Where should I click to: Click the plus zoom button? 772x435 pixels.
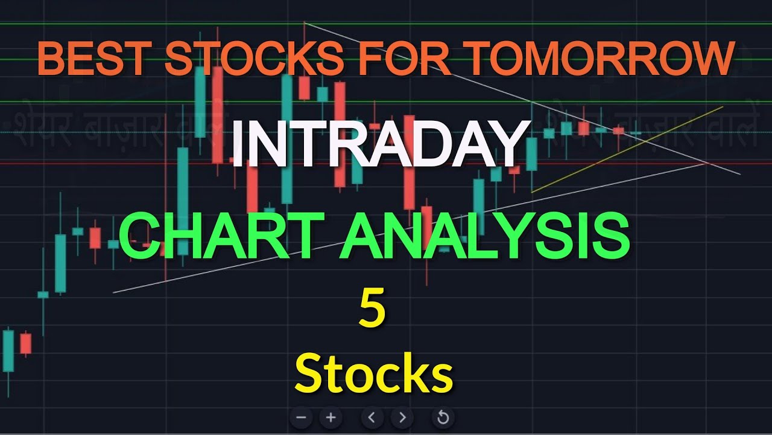[x=331, y=417]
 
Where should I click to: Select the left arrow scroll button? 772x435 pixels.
[x=372, y=417]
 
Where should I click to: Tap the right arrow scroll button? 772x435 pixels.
[x=402, y=417]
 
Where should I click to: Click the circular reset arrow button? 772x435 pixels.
[x=442, y=417]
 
